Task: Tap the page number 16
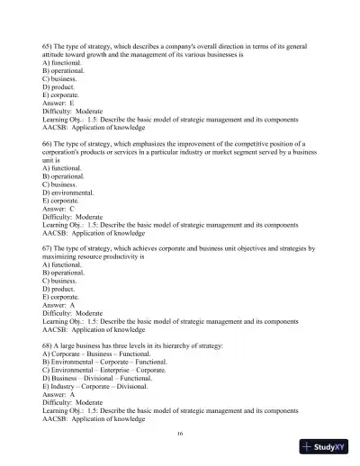(181, 433)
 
